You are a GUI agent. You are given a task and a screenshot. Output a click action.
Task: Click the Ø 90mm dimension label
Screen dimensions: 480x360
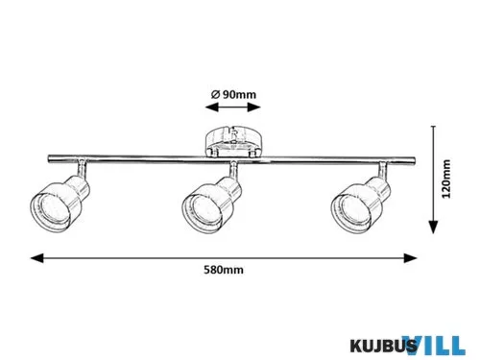233,95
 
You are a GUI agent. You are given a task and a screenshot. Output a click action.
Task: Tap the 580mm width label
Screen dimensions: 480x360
224,270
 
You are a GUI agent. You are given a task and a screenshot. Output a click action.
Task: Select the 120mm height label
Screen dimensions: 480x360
445,179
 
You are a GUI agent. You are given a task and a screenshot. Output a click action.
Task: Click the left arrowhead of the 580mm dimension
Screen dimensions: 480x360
36,258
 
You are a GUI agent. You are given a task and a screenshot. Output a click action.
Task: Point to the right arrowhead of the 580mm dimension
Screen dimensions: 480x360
410,258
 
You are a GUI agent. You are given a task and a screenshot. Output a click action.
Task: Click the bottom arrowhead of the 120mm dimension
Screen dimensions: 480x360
433,227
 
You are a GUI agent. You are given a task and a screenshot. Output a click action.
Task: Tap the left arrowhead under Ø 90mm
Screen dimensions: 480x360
212,108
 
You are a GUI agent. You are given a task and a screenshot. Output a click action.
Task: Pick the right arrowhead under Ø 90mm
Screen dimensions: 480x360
254,108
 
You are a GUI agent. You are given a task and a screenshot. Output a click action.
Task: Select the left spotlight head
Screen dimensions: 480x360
60,204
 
